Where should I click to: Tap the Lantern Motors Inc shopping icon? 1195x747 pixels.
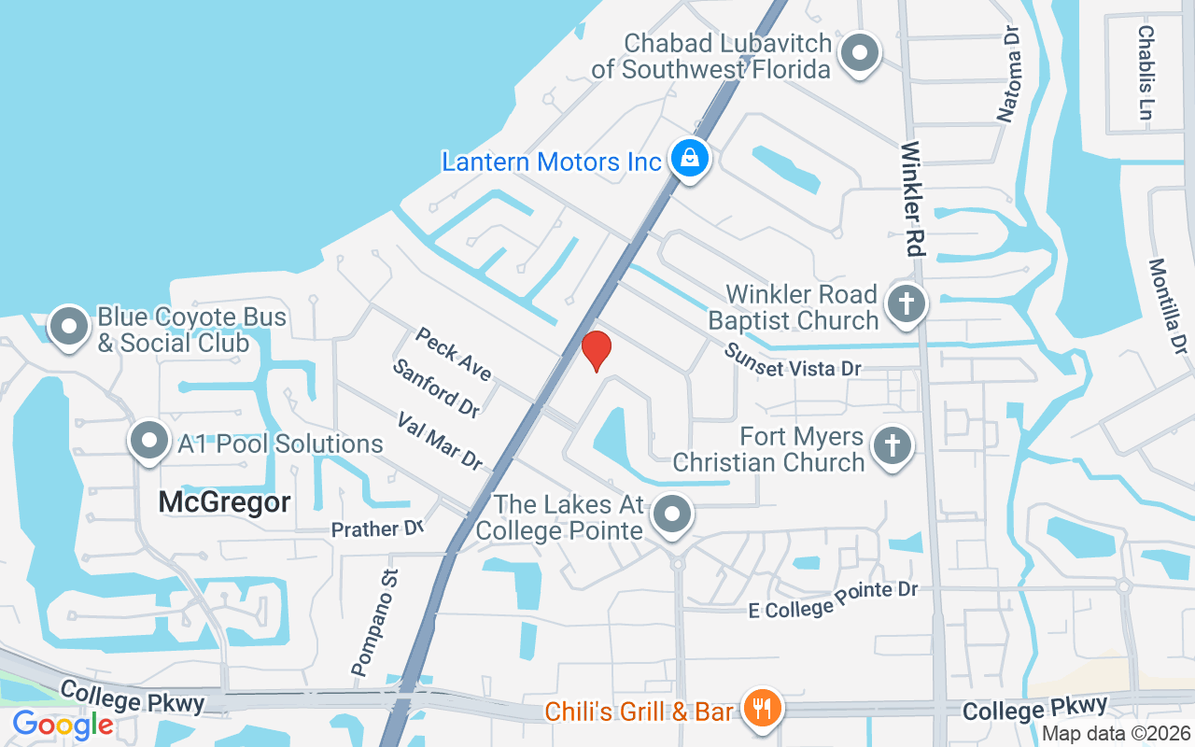click(689, 159)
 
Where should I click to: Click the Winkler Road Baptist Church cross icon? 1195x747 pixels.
click(905, 304)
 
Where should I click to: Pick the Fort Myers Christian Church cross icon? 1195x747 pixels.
click(892, 447)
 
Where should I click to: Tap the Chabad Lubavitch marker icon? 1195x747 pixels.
click(860, 53)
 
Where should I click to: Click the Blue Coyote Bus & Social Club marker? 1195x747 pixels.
click(69, 327)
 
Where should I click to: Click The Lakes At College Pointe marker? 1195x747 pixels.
click(671, 514)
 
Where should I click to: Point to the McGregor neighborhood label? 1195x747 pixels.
click(224, 501)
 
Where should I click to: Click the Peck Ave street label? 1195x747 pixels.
click(454, 354)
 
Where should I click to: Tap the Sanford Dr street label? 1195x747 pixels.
click(436, 388)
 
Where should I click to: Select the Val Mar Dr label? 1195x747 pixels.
click(440, 442)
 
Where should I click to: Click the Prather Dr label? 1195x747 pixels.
click(378, 529)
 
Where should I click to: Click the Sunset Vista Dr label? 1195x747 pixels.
click(794, 360)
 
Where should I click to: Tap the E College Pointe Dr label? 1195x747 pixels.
click(834, 599)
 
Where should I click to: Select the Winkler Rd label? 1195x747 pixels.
click(912, 199)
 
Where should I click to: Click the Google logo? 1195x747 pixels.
click(63, 724)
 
